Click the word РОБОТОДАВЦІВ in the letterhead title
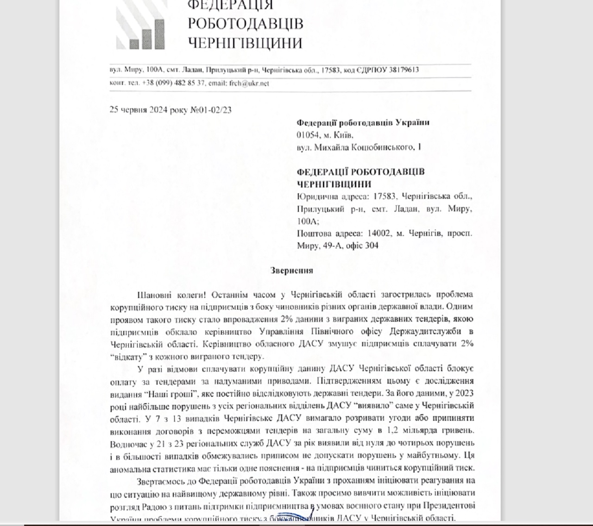coord(246,24)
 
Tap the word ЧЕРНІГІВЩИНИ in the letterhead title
coord(246,43)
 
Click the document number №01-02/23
coord(211,110)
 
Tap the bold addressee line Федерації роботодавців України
coord(363,123)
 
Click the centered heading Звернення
coord(292,271)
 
